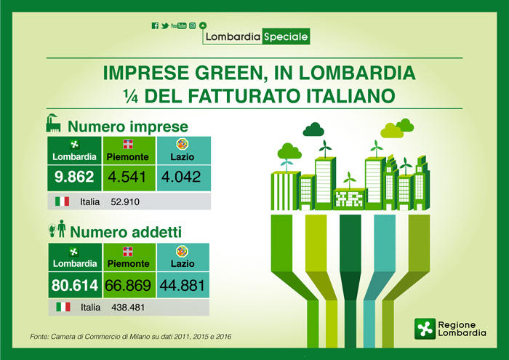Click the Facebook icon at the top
click(155, 25)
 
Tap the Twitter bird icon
click(165, 25)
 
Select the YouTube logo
click(179, 25)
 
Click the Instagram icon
click(192, 25)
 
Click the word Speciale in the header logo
click(286, 36)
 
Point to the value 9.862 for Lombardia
click(74, 177)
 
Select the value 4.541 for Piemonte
click(127, 177)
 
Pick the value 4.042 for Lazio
click(181, 177)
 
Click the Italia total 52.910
click(125, 202)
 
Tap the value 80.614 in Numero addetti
click(75, 285)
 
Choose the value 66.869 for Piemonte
click(128, 285)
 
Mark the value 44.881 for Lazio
click(182, 285)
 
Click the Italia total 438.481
click(128, 308)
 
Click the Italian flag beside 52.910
click(62, 201)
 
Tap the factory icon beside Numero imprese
click(54, 123)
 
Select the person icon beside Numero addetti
click(61, 228)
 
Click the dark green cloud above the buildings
click(313, 129)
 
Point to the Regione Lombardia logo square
click(425, 329)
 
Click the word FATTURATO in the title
click(242, 96)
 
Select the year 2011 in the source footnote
click(182, 337)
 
